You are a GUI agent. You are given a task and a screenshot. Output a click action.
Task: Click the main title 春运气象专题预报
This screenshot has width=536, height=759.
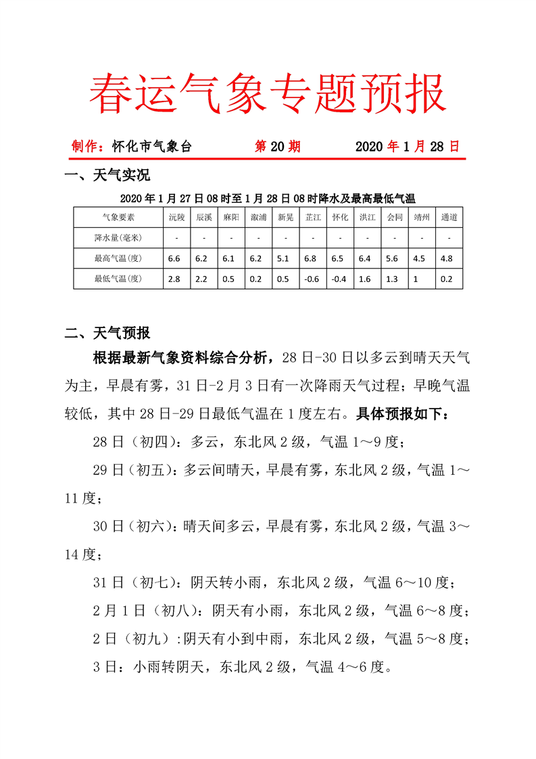coord(268,93)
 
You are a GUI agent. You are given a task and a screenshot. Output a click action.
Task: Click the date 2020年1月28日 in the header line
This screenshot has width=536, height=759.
coord(407,146)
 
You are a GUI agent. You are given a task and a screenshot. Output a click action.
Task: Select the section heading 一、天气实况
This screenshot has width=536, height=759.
coord(106,177)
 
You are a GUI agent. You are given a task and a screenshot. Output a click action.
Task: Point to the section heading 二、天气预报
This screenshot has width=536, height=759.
coord(106,333)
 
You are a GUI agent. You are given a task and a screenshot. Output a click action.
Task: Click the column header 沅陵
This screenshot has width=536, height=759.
coord(176,217)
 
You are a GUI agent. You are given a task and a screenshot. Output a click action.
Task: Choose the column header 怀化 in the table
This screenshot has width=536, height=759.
coord(340,217)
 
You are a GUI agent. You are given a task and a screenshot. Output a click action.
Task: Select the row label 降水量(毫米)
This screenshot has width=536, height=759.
coord(118,237)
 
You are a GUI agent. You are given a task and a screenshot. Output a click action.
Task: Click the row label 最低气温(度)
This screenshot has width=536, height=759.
coord(118,278)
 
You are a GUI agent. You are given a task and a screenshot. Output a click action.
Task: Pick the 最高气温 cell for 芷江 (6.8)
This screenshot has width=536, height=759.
coord(312,258)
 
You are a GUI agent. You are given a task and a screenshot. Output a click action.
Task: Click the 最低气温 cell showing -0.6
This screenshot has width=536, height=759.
coord(312,278)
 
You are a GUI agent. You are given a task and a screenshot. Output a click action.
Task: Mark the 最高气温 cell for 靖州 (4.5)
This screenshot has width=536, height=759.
coord(421,258)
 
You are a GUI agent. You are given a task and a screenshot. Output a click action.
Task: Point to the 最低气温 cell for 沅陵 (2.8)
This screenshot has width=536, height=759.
coord(174,278)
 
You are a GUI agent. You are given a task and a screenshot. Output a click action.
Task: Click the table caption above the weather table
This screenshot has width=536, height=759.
coord(268,198)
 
